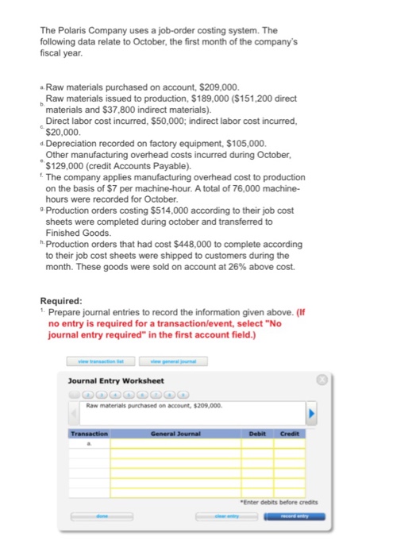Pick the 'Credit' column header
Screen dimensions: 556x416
pyautogui.click(x=290, y=434)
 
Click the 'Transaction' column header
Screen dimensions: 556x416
pyautogui.click(x=89, y=434)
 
